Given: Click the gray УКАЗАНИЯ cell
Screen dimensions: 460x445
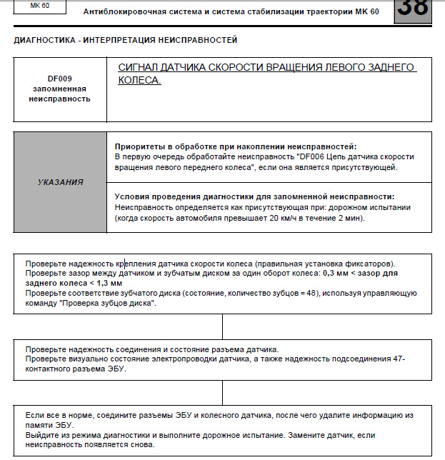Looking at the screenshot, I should point(60,182).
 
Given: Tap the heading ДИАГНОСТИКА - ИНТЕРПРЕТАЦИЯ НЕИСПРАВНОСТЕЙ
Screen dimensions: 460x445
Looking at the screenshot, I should point(126,41).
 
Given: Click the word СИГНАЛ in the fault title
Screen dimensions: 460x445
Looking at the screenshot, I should point(142,66).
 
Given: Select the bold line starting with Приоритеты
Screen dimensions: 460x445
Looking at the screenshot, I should point(236,146).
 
